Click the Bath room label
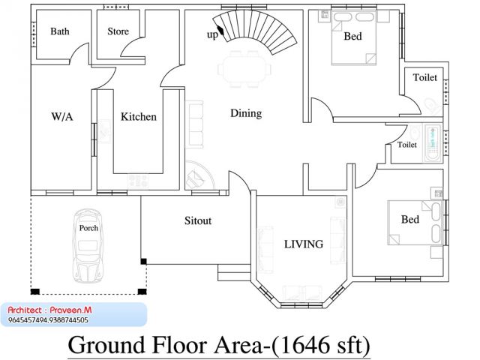click(x=60, y=31)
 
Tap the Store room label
click(x=118, y=31)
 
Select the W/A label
click(x=62, y=117)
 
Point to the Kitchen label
click(x=138, y=117)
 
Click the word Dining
click(x=246, y=113)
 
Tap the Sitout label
click(x=198, y=220)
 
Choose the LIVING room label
click(x=304, y=244)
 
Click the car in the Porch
click(x=88, y=245)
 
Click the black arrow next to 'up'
click(x=221, y=30)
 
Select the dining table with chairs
click(x=244, y=69)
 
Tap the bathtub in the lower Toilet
click(x=433, y=143)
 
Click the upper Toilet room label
click(x=425, y=77)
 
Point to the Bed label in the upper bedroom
click(x=352, y=36)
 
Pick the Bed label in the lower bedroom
click(x=410, y=220)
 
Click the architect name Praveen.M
click(x=70, y=310)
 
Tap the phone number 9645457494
click(x=27, y=320)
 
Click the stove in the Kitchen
click(x=138, y=180)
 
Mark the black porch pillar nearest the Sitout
click(x=143, y=261)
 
